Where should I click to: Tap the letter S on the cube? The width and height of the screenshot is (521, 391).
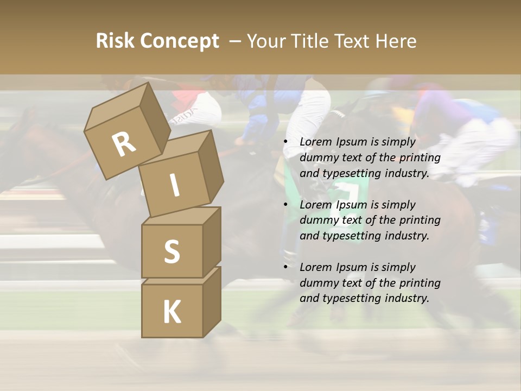pos(171,251)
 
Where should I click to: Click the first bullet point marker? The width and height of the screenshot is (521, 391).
pos(286,142)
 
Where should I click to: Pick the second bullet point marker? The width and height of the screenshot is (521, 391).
pos(286,205)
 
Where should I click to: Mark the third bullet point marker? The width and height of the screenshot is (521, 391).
pos(286,268)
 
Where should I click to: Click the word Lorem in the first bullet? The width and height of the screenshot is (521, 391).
pos(316,142)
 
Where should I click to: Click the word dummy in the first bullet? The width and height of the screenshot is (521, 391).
pos(317,157)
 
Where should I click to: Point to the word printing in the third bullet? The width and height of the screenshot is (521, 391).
pos(420,282)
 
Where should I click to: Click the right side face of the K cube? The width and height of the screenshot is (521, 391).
pos(212,301)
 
